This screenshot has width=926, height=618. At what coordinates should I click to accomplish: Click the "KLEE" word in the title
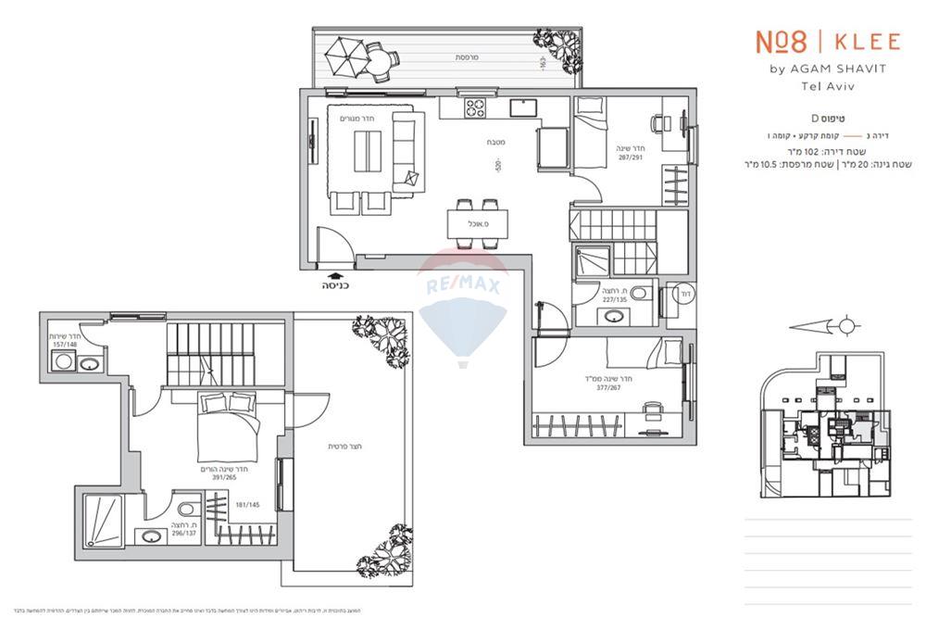coord(867,42)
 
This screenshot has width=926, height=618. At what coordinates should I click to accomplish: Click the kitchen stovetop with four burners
coord(476,107)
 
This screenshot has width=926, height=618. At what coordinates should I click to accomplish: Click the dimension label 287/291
coord(631,158)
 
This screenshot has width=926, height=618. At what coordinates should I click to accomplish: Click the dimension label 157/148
coord(66,345)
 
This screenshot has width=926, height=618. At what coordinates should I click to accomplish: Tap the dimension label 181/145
coord(248,505)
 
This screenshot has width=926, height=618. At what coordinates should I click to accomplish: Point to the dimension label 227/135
coord(614,299)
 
